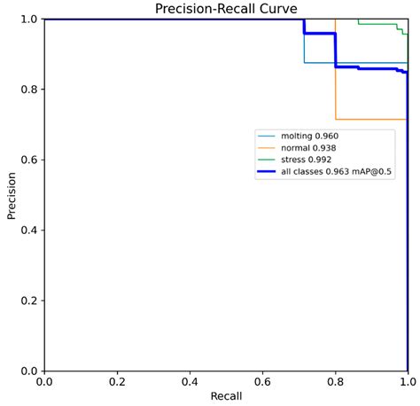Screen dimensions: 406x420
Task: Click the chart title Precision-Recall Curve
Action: pyautogui.click(x=226, y=9)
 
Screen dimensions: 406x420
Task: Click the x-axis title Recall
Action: pyautogui.click(x=226, y=394)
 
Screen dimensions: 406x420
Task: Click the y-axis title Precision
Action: pyautogui.click(x=12, y=195)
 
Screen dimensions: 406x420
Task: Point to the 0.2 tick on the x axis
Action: pyautogui.click(x=117, y=380)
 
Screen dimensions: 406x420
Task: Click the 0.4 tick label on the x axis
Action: pyautogui.click(x=190, y=380)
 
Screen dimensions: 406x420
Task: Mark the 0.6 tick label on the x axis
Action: pyautogui.click(x=262, y=380)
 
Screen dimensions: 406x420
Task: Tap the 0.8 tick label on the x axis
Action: pyautogui.click(x=335, y=380)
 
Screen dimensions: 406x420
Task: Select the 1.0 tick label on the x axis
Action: pyautogui.click(x=407, y=380)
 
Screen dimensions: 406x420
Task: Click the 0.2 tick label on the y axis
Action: pyautogui.click(x=28, y=301)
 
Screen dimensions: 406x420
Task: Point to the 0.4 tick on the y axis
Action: pyautogui.click(x=28, y=230)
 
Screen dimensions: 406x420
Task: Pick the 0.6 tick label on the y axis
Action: pyautogui.click(x=28, y=160)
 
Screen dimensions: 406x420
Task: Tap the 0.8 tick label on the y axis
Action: pyautogui.click(x=28, y=90)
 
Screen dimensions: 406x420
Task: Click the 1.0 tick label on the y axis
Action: pyautogui.click(x=28, y=20)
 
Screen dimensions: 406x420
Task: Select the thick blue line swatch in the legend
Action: pyautogui.click(x=267, y=171)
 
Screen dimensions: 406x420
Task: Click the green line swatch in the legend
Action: pyautogui.click(x=267, y=160)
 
